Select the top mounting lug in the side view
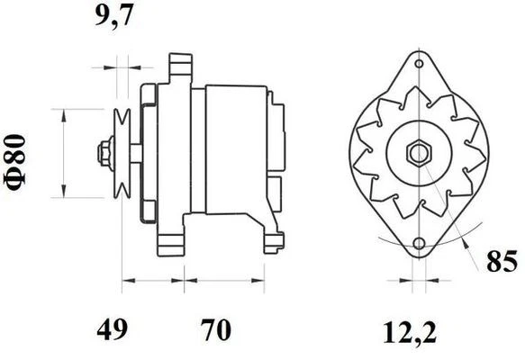tap(181, 66)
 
